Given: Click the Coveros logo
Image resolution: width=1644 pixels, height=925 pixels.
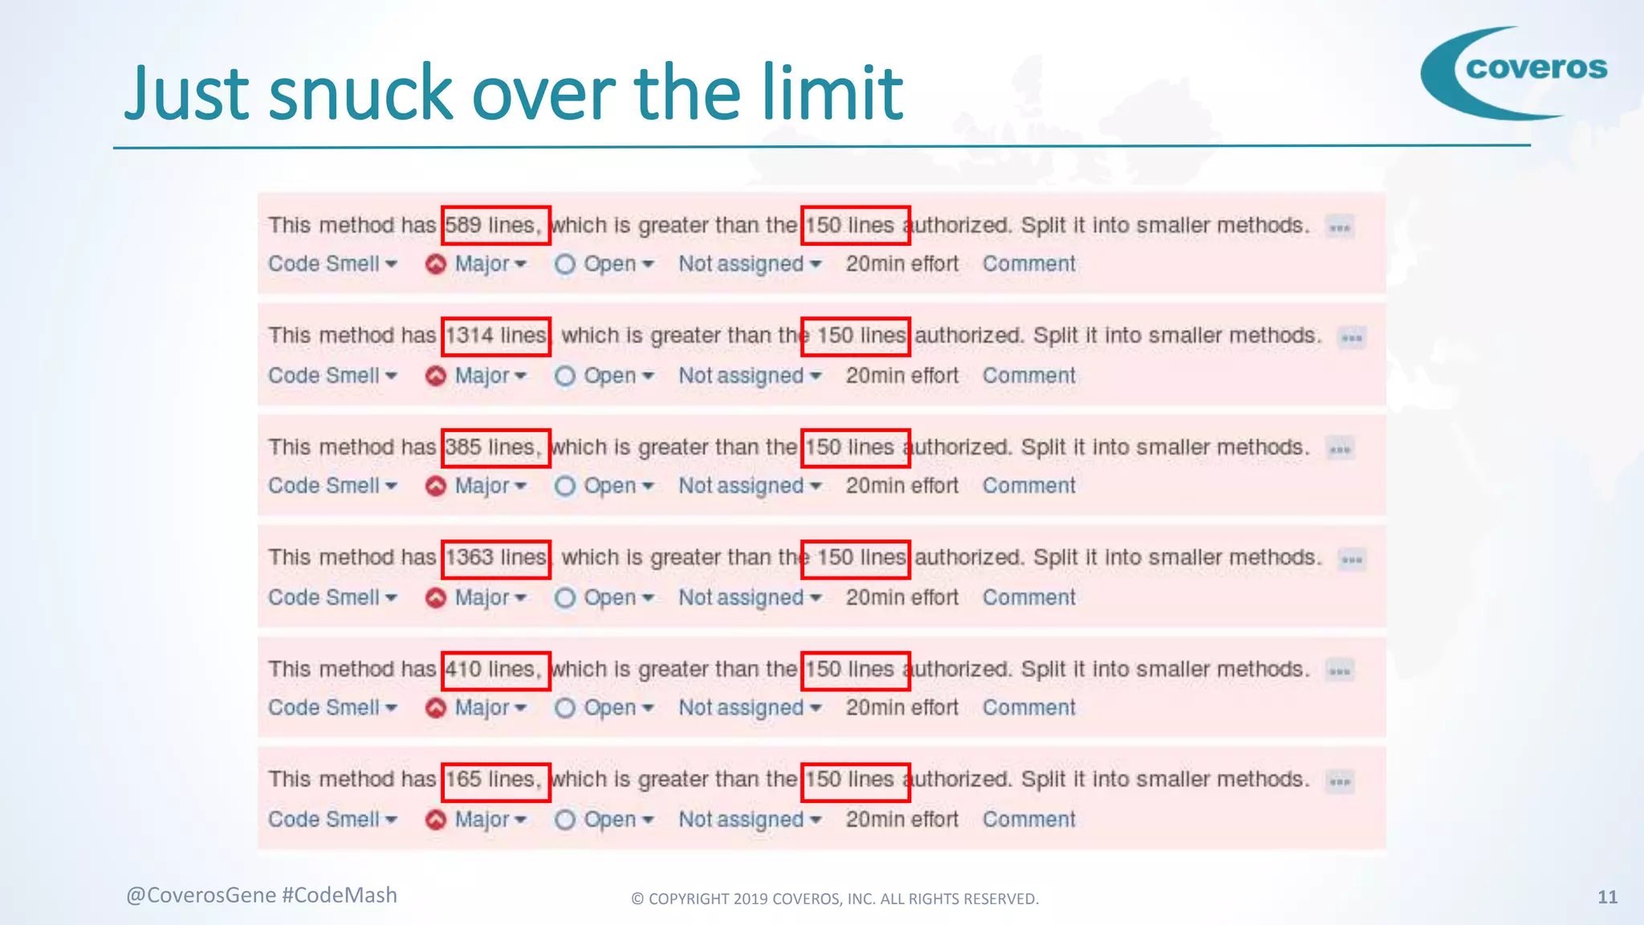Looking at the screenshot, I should pos(1515,72).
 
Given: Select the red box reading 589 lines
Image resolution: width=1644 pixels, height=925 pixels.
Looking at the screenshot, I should pos(495,225).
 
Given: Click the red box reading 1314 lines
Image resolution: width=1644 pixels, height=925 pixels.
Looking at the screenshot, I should pos(495,336).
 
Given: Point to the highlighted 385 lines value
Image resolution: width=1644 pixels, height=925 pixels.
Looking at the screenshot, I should pos(495,447).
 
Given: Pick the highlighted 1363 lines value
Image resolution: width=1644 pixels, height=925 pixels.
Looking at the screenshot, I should pos(495,558).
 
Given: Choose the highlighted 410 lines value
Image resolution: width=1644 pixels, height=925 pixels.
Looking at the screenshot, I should pos(495,670).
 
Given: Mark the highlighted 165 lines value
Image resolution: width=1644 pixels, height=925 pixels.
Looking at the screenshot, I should pos(495,780).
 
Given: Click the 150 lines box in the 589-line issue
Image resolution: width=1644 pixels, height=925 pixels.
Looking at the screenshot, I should pos(855,225).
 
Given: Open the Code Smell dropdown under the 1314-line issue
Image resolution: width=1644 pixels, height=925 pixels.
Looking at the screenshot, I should pos(332,376).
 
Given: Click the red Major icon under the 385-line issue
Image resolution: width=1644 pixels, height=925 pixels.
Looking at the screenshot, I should pos(436,487).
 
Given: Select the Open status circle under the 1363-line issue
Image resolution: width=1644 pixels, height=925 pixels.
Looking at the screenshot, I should pos(565,597).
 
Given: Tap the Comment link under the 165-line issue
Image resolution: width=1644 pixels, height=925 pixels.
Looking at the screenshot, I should pos(1028,819).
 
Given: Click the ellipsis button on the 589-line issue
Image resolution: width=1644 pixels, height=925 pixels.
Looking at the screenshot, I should pos(1339,227).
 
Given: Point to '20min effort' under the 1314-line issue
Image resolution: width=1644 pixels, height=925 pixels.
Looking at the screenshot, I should pos(901,376).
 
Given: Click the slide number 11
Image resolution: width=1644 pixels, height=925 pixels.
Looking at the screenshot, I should pos(1607,897).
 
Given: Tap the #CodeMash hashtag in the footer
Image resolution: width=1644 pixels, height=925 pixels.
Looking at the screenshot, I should pos(340,895).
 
